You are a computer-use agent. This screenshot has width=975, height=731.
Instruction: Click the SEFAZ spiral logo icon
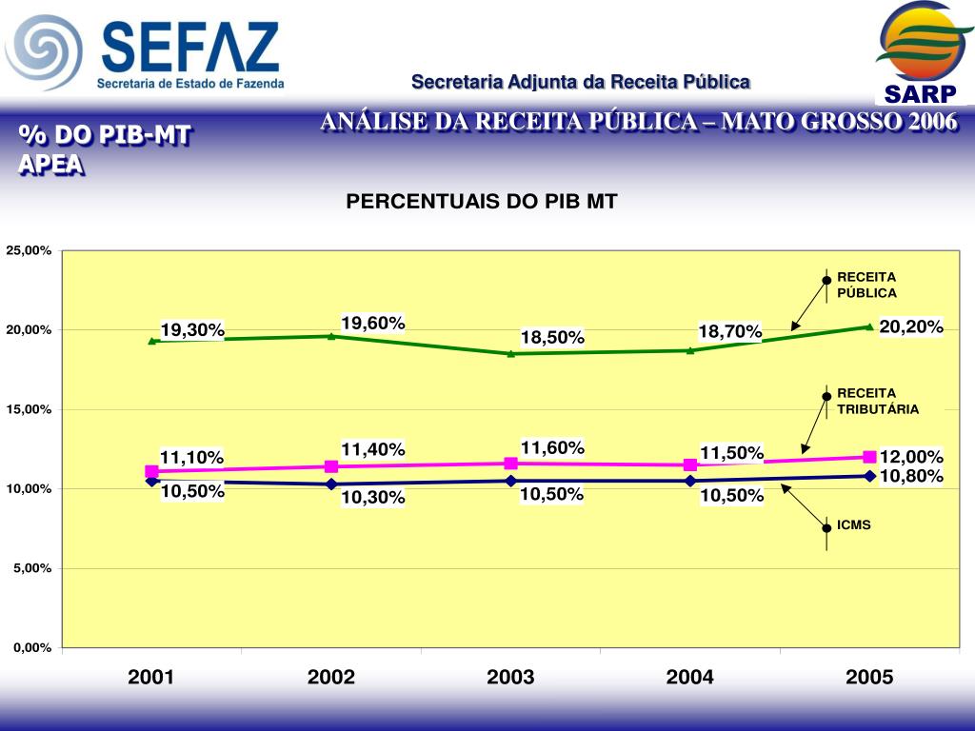(44, 52)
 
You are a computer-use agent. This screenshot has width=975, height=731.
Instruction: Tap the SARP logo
(919, 52)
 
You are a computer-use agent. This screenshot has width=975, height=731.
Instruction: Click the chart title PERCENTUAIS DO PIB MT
(481, 202)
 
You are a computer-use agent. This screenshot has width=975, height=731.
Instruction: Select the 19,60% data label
(373, 324)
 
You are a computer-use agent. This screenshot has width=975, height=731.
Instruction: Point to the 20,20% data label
(911, 327)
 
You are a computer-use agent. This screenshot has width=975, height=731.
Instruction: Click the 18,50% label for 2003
(552, 338)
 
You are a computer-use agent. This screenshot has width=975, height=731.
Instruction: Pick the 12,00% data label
(911, 457)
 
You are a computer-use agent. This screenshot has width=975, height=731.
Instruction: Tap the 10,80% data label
(911, 476)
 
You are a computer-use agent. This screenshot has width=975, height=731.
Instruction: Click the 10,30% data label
(373, 497)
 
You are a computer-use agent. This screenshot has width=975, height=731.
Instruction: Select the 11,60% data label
(552, 447)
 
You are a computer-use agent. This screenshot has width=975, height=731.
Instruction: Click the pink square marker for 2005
(869, 457)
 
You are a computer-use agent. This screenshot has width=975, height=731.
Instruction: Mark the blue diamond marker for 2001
(152, 481)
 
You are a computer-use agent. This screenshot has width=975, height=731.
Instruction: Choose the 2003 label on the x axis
(510, 678)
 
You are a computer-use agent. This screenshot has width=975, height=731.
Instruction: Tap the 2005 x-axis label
(869, 678)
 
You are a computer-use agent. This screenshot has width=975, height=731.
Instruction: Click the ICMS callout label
(854, 524)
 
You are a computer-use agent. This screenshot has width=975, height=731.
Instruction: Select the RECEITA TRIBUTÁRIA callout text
(878, 401)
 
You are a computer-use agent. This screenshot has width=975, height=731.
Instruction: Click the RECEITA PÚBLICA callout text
(866, 285)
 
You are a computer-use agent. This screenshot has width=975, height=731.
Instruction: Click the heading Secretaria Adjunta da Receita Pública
(581, 83)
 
